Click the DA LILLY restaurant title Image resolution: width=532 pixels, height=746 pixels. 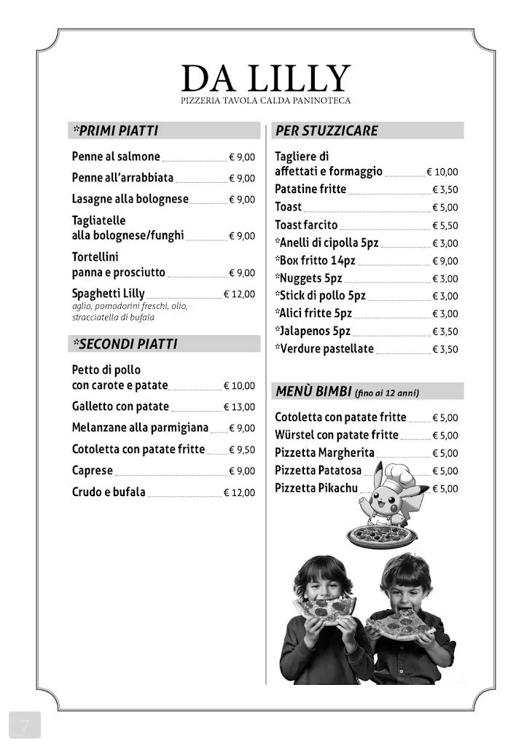pos(266,79)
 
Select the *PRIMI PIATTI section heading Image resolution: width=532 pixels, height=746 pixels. pos(115,131)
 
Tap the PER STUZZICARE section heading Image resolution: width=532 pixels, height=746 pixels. pos(326,131)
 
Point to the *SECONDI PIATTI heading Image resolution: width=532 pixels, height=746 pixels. pos(125,344)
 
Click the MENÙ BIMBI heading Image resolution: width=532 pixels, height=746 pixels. pos(313,392)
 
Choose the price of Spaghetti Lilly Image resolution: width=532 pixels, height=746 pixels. pos(239,295)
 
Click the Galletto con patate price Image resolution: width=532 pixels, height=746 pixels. pos(239,407)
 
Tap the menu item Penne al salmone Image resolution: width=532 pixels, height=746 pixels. pos(116,157)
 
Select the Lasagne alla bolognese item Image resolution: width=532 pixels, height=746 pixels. pos(130,200)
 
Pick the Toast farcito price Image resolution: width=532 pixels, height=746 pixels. pos(445,227)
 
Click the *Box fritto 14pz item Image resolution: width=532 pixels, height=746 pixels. pos(315,261)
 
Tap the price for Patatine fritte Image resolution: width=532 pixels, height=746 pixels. pos(445,190)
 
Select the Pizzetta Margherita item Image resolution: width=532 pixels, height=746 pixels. pos(324,453)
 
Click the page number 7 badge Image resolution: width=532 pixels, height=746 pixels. pos(25,725)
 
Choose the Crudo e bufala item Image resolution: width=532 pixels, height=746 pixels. pos(109,492)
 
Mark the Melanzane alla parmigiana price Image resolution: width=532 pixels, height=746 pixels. pos(242,428)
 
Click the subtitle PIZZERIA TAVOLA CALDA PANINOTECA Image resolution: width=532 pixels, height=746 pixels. pos(266,101)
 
